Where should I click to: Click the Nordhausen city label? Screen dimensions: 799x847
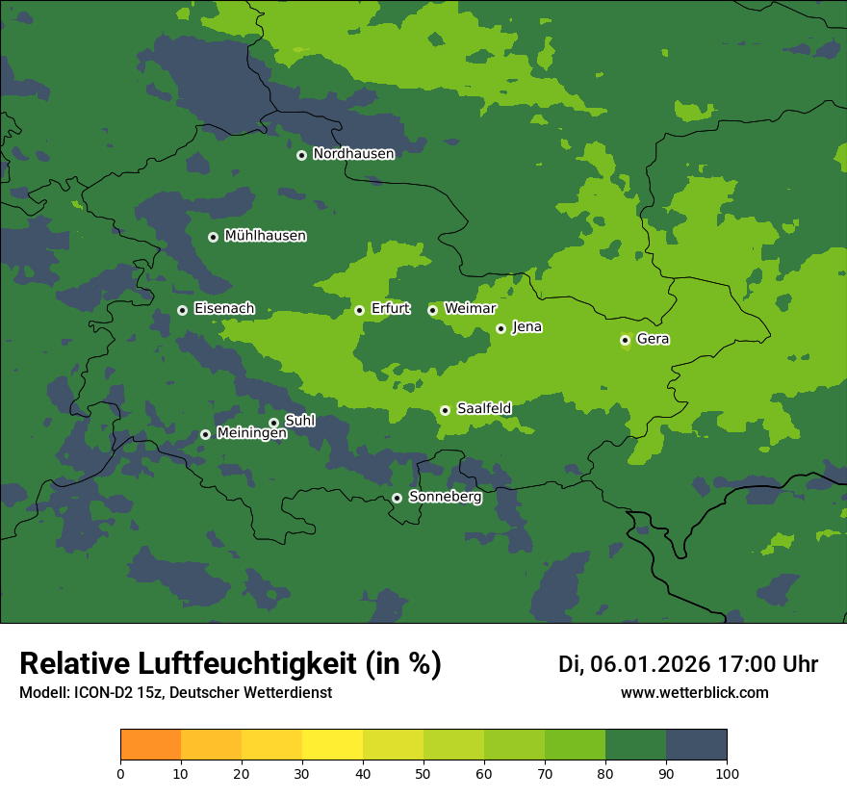[x=353, y=154]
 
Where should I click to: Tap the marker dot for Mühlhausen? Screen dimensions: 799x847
[x=213, y=237]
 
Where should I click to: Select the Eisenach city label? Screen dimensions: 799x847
[x=223, y=309]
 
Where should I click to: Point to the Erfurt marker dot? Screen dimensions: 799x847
[x=359, y=310]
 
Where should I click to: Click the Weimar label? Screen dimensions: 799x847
[x=470, y=309]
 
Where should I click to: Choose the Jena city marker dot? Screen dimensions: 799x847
[x=500, y=328]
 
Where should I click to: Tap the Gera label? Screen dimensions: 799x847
[x=653, y=339]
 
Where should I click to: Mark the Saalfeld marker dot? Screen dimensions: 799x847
[x=445, y=410]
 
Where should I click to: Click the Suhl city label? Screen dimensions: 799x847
[x=299, y=421]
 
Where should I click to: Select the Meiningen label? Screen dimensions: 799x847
[x=251, y=434]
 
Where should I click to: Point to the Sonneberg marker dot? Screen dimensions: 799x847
[x=397, y=498]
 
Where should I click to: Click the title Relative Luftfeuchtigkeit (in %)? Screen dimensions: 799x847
[x=230, y=664]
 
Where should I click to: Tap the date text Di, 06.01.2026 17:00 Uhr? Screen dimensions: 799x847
[x=688, y=664]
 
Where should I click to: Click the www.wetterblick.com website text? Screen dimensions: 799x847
[x=694, y=693]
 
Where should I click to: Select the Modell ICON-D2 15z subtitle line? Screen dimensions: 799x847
[x=175, y=693]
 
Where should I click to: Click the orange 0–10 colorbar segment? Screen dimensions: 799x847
[x=150, y=745]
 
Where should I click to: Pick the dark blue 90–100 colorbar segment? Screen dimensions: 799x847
[x=696, y=745]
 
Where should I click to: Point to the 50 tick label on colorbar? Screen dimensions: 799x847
[x=423, y=773]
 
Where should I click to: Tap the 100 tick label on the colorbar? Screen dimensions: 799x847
[x=727, y=773]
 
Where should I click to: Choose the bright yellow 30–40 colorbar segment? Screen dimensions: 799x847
[x=332, y=745]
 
